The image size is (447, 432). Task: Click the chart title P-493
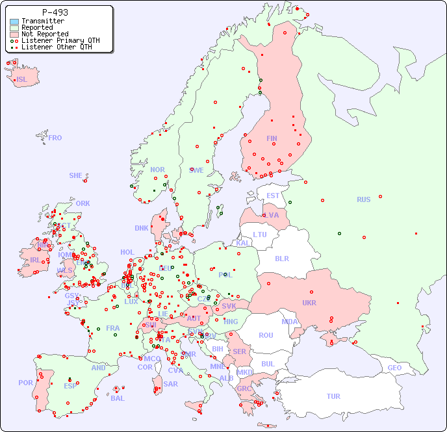(x=55, y=12)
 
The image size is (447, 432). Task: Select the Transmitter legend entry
(x=42, y=21)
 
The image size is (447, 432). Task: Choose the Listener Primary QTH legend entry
(x=60, y=40)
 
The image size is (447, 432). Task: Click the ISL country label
(x=22, y=80)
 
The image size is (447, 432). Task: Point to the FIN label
(x=272, y=138)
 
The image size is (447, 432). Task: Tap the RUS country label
(x=363, y=199)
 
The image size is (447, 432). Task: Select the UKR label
(x=309, y=303)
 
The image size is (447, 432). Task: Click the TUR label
(x=333, y=396)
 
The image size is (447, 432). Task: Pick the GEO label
(x=394, y=368)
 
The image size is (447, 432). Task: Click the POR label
(x=25, y=383)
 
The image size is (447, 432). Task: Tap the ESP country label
(x=70, y=385)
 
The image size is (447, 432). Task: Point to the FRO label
(x=55, y=138)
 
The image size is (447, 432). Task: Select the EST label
(x=273, y=196)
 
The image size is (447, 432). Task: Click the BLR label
(x=281, y=258)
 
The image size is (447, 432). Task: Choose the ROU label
(x=266, y=335)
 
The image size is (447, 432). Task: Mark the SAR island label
(x=170, y=384)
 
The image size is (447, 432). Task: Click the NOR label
(x=157, y=170)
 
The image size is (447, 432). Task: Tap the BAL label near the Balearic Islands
(x=117, y=398)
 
